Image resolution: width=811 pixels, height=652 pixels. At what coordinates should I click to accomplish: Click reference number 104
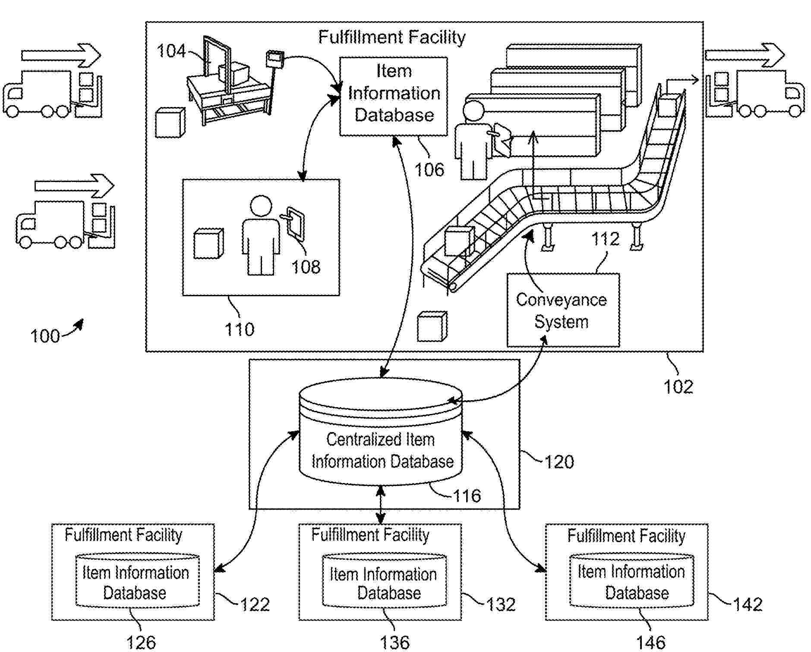coord(171,51)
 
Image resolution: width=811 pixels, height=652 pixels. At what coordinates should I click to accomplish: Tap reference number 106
coord(429,169)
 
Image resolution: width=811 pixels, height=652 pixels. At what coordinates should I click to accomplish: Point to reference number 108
coord(306,267)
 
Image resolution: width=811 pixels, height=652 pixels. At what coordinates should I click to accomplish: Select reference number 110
coord(240,329)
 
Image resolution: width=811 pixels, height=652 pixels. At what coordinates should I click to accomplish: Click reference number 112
coord(605,238)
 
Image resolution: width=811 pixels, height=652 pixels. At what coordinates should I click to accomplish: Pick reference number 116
coord(467,496)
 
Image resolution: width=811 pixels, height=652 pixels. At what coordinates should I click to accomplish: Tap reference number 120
coord(559,462)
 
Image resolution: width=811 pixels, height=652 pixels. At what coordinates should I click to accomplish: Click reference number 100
coord(45,336)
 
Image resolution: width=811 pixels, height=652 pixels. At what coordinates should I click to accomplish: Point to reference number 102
coord(678,386)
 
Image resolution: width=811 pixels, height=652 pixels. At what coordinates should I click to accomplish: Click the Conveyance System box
coord(563,310)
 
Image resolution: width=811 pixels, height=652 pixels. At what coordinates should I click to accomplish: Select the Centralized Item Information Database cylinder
coord(381,436)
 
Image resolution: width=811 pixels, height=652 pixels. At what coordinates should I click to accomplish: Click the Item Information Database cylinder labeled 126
coord(137,581)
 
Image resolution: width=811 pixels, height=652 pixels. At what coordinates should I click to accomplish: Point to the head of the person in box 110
coord(261,207)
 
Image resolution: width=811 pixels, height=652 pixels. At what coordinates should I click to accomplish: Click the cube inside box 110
coord(208,244)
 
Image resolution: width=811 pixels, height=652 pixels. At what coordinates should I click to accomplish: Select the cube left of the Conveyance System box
coord(432,327)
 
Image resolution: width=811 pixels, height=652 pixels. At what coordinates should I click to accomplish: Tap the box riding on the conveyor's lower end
coord(458,241)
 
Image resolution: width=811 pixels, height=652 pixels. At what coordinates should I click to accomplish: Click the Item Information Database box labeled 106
coord(393,96)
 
